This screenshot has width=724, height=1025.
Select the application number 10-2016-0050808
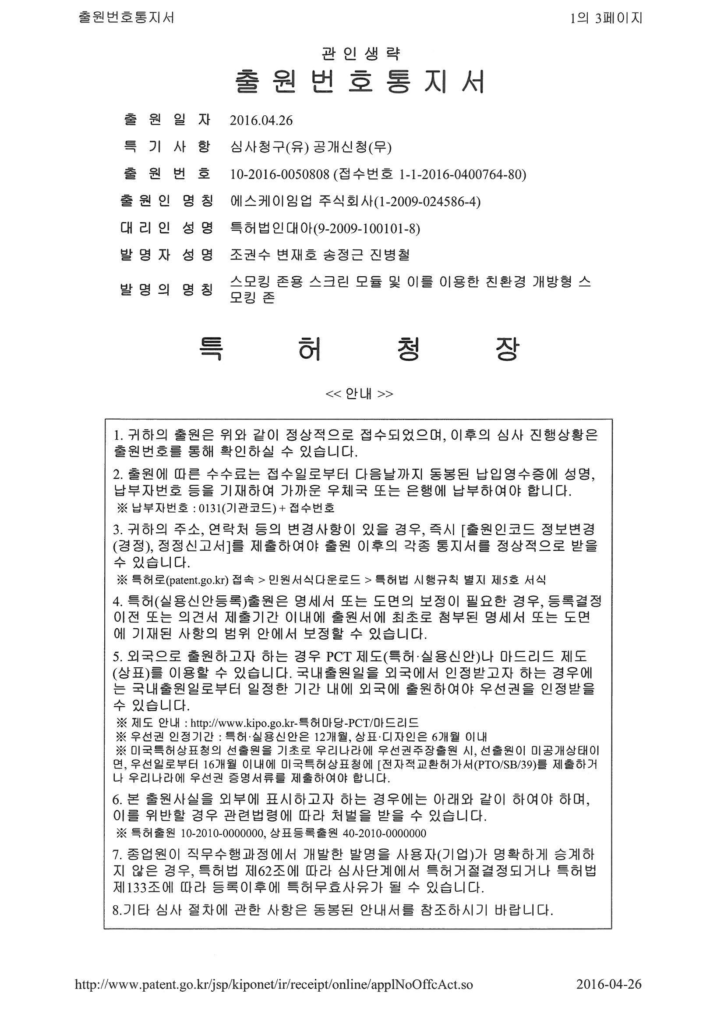point(279,174)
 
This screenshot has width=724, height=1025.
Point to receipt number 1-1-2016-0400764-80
point(460,174)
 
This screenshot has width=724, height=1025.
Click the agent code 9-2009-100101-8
point(367,228)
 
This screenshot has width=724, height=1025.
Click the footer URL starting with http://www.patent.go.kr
point(274,997)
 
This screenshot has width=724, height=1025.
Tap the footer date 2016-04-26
point(608,997)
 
